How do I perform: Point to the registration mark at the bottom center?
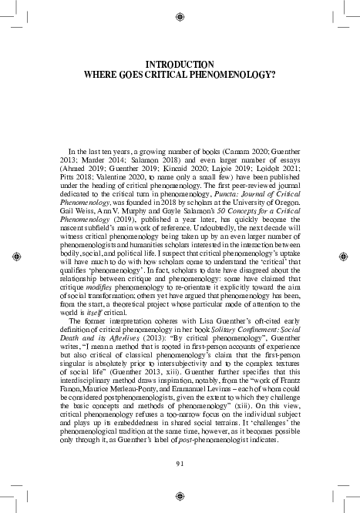[x=180, y=498]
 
